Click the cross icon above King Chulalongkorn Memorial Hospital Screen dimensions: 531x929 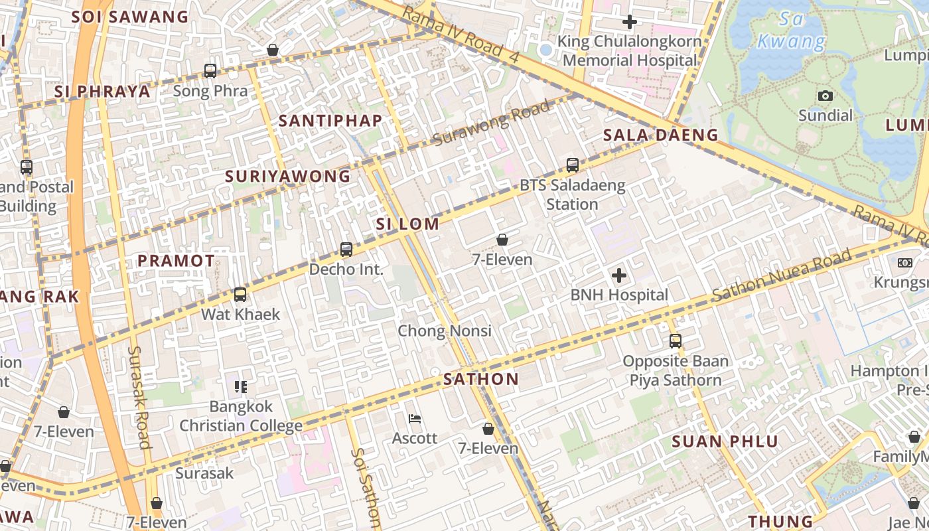pyautogui.click(x=630, y=22)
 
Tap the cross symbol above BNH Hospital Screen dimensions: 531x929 pyautogui.click(x=619, y=275)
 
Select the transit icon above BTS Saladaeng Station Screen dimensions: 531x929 pyautogui.click(x=573, y=165)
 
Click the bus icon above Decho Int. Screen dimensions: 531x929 pyautogui.click(x=346, y=250)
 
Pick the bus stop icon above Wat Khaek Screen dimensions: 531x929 pyautogui.click(x=240, y=294)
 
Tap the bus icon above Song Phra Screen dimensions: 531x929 pyautogui.click(x=210, y=70)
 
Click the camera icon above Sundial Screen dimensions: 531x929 pyautogui.click(x=825, y=96)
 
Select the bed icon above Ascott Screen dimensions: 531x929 pyautogui.click(x=415, y=419)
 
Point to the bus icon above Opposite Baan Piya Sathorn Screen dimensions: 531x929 pyautogui.click(x=676, y=341)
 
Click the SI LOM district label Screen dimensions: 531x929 pyautogui.click(x=407, y=224)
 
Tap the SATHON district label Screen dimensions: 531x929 pyautogui.click(x=481, y=380)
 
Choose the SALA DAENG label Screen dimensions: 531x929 pyautogui.click(x=661, y=135)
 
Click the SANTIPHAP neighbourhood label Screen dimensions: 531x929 pyautogui.click(x=330, y=121)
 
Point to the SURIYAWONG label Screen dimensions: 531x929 pyautogui.click(x=287, y=177)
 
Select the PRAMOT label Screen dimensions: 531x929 pyautogui.click(x=177, y=261)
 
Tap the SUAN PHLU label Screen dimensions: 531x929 pyautogui.click(x=725, y=442)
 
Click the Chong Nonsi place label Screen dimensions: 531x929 pyautogui.click(x=445, y=331)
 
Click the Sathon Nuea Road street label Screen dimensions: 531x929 pyautogui.click(x=782, y=276)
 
